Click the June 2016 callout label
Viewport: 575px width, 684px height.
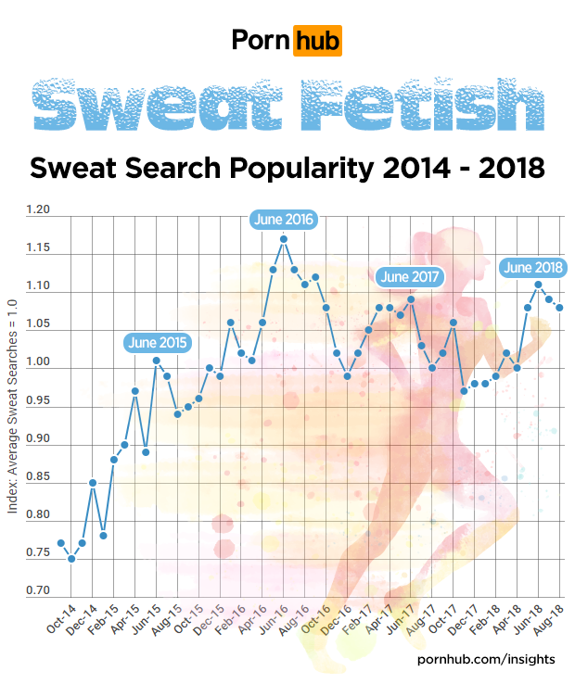coord(284,220)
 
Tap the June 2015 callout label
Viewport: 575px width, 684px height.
coord(158,342)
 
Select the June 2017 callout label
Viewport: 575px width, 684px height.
coord(410,276)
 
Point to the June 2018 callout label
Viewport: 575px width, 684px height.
coord(533,268)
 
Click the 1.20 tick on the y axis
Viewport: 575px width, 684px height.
coord(38,210)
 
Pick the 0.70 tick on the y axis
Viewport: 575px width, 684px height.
coord(38,590)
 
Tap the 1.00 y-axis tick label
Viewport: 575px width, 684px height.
coord(38,369)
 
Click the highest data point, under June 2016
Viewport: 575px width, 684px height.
coord(284,238)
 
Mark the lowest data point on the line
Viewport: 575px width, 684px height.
coord(71,559)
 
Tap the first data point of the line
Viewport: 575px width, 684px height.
coord(60,543)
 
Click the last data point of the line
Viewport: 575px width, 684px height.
coord(559,308)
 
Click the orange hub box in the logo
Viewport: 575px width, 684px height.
coord(317,41)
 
